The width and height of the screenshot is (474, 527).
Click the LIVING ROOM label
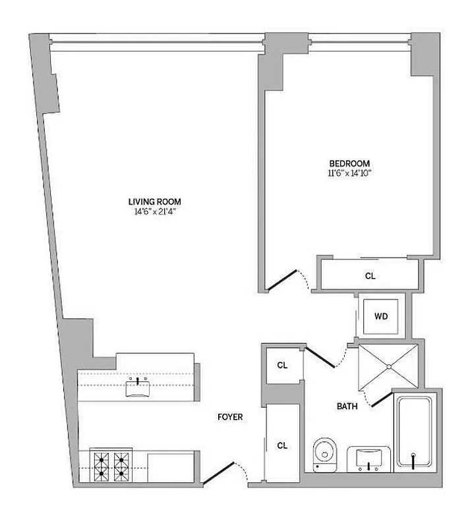155,202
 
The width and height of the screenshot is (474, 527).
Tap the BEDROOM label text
349,163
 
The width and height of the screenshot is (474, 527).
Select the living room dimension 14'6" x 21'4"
155,211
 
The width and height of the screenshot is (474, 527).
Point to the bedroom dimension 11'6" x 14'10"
349,173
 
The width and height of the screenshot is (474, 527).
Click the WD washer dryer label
381,316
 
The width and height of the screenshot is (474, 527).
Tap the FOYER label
231,417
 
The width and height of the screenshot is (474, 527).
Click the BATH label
348,406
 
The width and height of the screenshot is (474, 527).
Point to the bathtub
413,431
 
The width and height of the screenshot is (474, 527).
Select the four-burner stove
111,464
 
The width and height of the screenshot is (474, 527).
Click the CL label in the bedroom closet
370,276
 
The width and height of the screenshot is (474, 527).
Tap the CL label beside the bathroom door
282,365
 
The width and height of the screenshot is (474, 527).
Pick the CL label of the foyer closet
282,445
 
